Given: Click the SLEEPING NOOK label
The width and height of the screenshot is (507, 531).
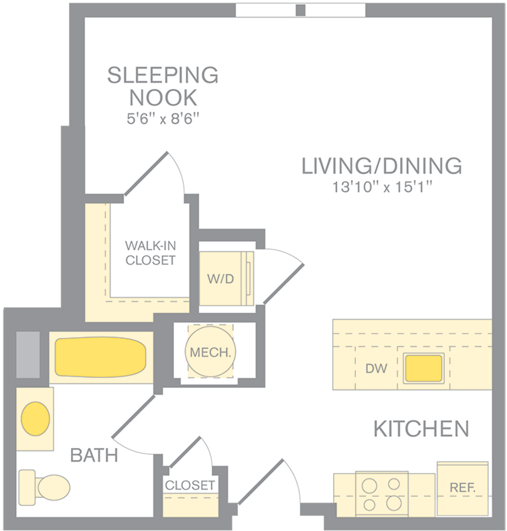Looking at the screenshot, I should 163,86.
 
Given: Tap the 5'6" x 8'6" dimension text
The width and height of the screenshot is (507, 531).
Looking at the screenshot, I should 163,119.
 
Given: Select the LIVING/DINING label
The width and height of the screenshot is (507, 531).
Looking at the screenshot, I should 382,166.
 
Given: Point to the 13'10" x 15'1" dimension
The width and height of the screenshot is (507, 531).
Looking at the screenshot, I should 382,187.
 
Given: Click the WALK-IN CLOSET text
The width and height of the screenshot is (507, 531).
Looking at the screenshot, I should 150,253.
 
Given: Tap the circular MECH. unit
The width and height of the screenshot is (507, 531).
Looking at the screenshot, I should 210,352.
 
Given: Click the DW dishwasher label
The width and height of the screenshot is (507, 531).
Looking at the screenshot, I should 376,368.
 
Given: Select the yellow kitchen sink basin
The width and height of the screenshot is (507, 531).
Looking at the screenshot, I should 424,368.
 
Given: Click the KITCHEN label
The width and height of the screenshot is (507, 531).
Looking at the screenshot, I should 421,429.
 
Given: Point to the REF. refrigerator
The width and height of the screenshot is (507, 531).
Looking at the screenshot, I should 462,488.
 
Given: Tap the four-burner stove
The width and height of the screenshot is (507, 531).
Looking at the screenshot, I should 382,493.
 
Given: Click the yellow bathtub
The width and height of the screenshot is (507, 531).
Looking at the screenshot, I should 101,357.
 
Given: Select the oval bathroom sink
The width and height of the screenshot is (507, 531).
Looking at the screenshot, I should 35,419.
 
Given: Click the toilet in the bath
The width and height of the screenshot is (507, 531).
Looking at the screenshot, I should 44,488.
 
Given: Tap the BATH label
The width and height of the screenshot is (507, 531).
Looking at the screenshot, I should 94,455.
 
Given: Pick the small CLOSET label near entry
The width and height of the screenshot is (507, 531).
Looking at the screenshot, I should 190,485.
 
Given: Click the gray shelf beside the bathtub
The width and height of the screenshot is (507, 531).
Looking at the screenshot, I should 28,355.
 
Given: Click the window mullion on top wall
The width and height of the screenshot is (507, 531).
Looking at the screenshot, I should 300,10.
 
